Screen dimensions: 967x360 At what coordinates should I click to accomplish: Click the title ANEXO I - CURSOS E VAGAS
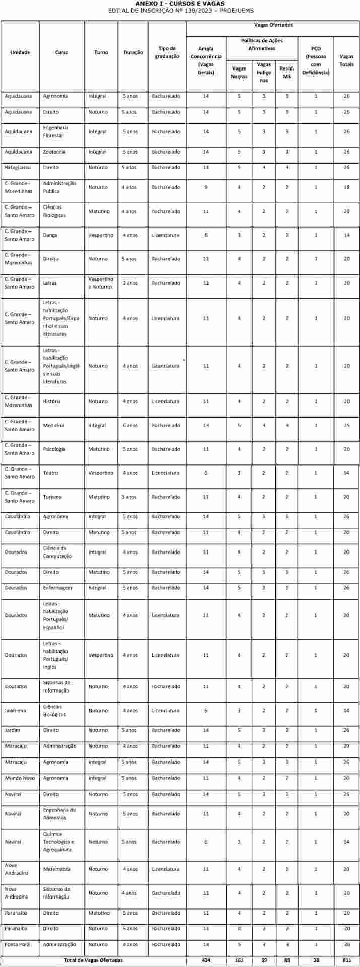pos(180,4)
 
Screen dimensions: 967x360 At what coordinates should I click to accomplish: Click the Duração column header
pos(133,52)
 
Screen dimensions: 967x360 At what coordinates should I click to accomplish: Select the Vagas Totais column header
pos(346,60)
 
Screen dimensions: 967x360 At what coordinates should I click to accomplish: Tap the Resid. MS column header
pos(286,72)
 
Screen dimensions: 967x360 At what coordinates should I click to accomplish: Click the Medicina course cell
pos(53,426)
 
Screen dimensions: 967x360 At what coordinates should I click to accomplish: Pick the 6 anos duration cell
pos(129,426)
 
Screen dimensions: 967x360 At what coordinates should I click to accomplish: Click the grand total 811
pos(346,960)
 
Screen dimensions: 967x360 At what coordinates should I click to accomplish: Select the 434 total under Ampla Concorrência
pos(206,960)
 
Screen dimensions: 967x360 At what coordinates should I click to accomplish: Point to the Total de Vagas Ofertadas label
pos(93,960)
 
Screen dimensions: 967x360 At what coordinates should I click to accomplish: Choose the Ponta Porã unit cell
pos(17,944)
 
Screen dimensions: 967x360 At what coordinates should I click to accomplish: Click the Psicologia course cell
pos(54,449)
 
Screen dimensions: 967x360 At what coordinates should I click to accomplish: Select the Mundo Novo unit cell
pos(20,778)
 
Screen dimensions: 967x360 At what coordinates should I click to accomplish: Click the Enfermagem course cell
pos(57,588)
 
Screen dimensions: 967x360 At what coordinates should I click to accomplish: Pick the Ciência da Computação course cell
pos(57,552)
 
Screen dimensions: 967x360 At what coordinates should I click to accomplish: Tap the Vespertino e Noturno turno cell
pos(101,283)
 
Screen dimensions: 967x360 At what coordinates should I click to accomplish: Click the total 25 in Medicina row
pos(346,426)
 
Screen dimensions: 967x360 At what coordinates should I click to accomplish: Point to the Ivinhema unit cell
pos(16,711)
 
